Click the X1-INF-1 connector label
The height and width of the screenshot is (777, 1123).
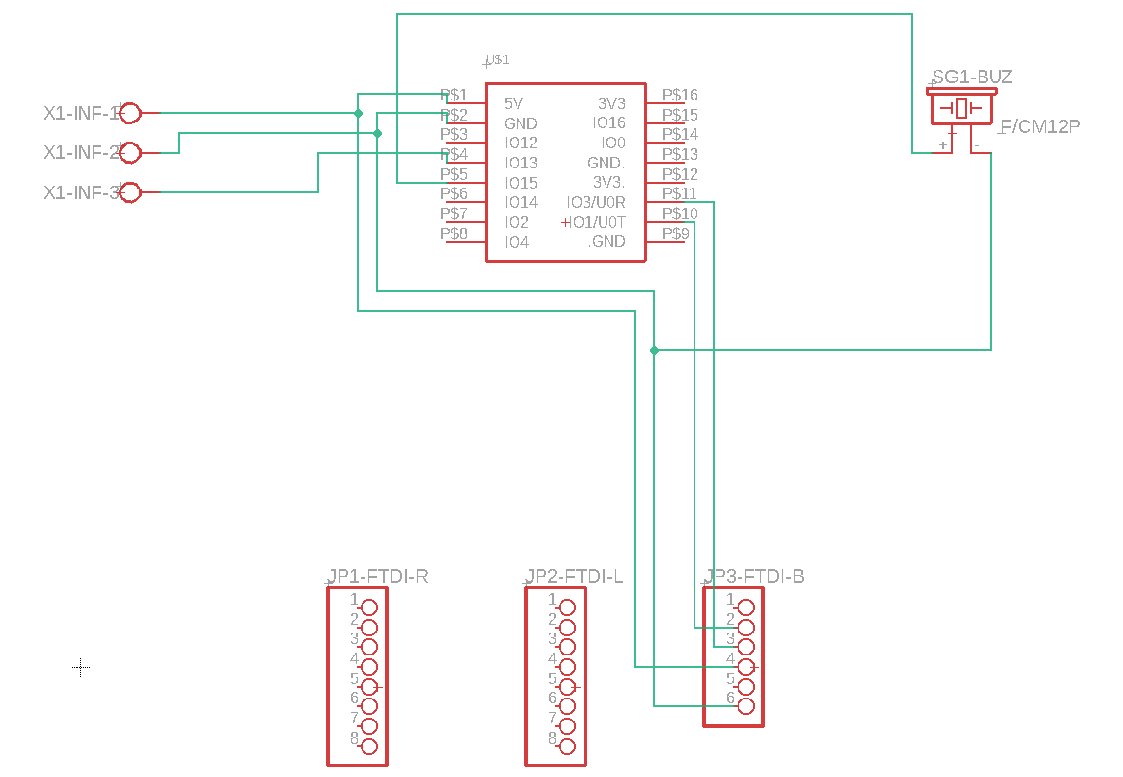coord(80,113)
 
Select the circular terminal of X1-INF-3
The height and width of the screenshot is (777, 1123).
coord(131,192)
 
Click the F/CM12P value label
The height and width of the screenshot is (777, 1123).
coord(1040,126)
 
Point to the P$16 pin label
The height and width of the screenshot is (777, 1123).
coord(680,95)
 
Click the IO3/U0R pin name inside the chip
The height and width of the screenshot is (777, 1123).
coord(595,202)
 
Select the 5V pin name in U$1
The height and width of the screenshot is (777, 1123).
coord(514,103)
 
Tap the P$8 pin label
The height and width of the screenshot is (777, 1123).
coord(453,233)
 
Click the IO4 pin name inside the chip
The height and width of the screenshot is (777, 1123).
coord(517,242)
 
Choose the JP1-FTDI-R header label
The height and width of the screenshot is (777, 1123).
coord(378,576)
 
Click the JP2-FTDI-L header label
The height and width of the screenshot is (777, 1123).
coord(575,576)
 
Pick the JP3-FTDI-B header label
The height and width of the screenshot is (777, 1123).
coord(755,576)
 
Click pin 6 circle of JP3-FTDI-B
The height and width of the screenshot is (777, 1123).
coord(745,706)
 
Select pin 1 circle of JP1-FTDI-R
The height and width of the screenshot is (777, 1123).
coord(369,607)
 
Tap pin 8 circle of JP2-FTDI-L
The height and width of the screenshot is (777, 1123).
coord(567,746)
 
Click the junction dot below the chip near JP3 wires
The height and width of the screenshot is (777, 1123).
coord(654,351)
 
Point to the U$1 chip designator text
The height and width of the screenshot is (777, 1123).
coord(497,59)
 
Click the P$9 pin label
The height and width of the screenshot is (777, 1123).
coord(675,233)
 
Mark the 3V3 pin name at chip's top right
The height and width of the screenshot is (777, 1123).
coord(611,103)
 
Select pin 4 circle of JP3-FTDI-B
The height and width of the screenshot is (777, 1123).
coord(745,666)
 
